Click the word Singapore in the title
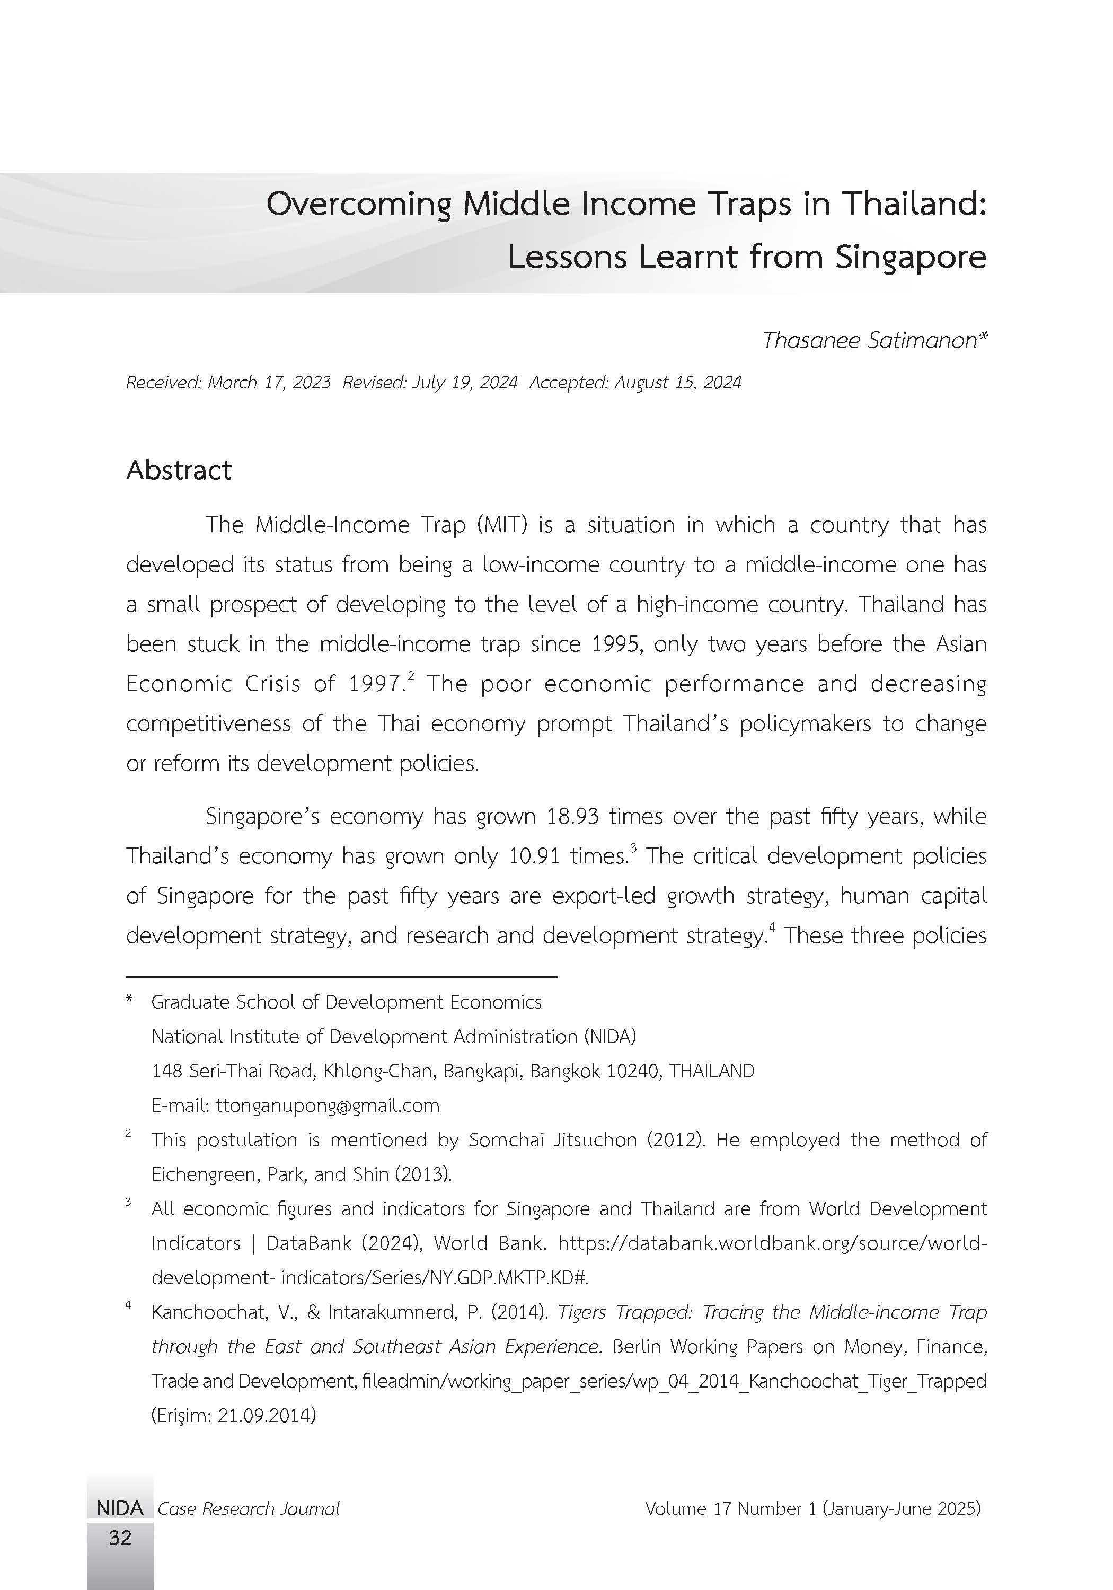pos(910,258)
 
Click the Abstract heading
pos(179,470)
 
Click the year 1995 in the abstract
pos(616,644)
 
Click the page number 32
pos(120,1538)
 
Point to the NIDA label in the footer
pos(120,1508)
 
